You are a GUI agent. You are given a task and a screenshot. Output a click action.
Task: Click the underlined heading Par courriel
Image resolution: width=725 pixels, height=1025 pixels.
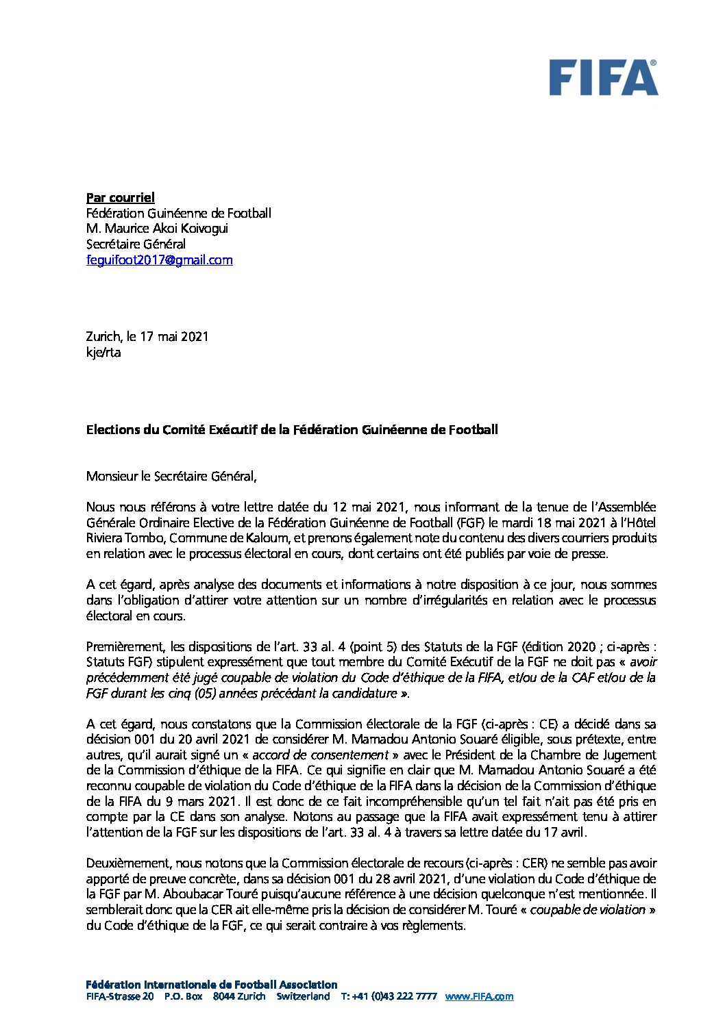coord(121,197)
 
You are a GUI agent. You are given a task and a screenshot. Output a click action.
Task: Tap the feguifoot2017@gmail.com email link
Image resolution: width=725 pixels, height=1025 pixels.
coord(159,260)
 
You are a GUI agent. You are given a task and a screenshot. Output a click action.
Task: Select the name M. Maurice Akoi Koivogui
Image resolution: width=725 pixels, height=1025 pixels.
coord(157,229)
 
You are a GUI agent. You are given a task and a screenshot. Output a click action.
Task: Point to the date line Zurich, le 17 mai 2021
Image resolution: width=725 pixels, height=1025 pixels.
coord(147,337)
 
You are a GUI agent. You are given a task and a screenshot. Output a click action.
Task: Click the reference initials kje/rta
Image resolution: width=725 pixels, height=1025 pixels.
coord(103,353)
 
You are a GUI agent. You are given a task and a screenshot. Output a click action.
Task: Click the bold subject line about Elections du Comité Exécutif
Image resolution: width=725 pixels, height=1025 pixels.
coord(292,430)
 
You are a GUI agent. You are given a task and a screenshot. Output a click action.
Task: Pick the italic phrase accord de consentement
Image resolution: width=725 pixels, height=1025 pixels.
coord(320,755)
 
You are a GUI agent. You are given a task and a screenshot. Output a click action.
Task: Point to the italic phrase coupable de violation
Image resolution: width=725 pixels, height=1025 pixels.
coord(587,910)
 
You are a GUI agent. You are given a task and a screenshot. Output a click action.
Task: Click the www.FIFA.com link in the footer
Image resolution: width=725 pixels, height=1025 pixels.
coord(479,997)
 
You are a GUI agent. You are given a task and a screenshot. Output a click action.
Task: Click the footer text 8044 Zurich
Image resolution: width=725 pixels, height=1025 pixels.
coord(239,997)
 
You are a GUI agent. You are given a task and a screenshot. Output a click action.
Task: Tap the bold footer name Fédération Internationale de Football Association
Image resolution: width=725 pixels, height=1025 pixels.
coord(212,985)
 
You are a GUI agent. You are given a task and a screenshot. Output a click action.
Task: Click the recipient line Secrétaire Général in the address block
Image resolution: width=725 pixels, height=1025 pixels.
coord(136,244)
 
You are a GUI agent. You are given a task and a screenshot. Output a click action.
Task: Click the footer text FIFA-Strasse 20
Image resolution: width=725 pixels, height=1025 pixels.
coord(120,997)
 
